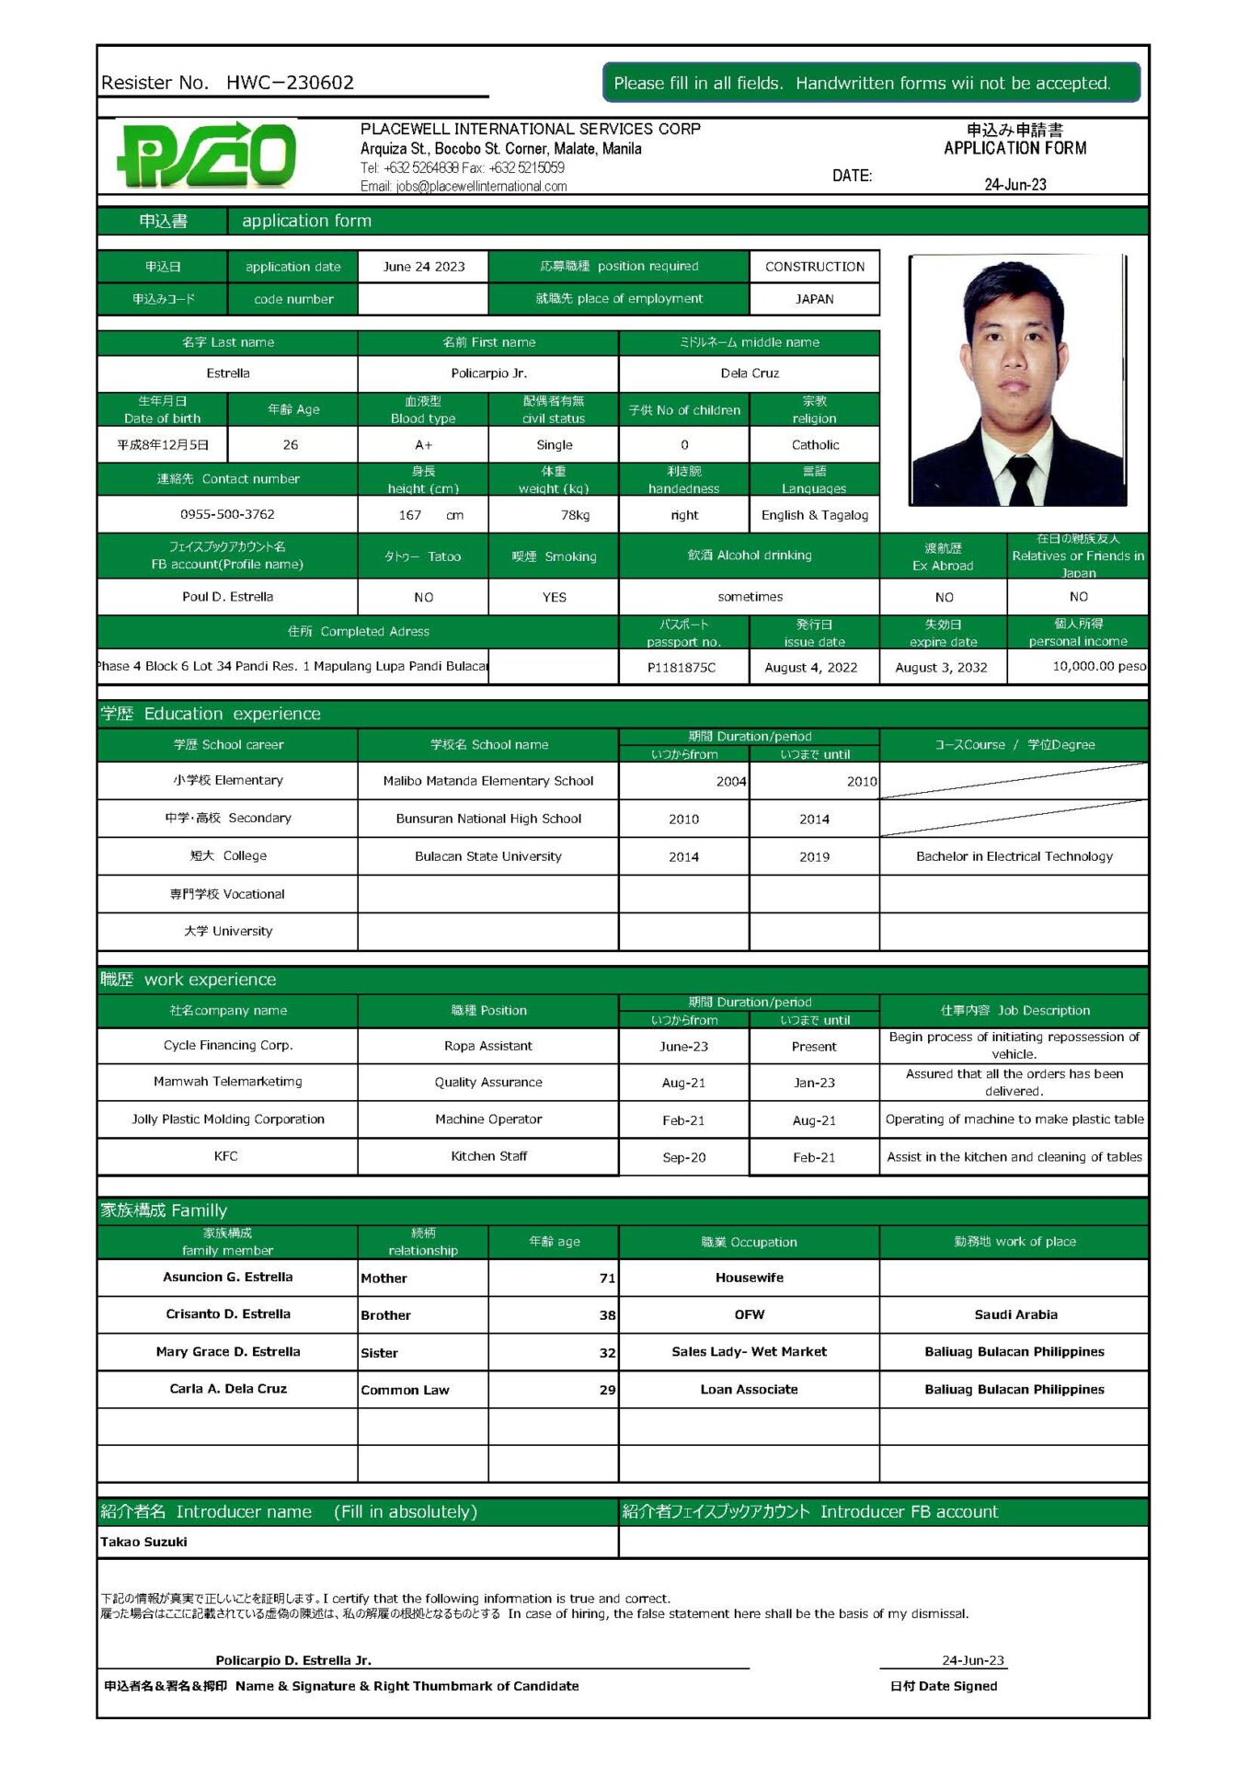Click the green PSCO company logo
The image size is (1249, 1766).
point(207,155)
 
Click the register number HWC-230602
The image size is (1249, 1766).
point(290,83)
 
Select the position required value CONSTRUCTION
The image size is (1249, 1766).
point(814,267)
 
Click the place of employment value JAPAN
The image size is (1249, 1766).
point(814,299)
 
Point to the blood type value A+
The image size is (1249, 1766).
point(423,445)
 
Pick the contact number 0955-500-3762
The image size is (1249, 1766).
point(227,514)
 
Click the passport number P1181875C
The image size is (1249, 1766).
point(682,668)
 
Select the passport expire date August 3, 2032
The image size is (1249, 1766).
point(941,668)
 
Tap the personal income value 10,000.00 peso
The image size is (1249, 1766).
point(1098,666)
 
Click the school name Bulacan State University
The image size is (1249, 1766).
point(487,856)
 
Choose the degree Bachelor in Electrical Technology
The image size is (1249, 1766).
point(1014,856)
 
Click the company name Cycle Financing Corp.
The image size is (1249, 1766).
point(227,1046)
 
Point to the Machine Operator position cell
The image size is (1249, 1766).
point(487,1119)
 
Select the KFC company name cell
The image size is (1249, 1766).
point(226,1156)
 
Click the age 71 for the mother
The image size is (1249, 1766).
point(607,1279)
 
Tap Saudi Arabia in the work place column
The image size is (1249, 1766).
point(1015,1315)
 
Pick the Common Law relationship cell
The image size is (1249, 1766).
point(405,1390)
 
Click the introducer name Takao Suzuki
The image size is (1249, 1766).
point(143,1542)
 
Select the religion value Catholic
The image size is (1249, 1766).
point(815,445)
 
